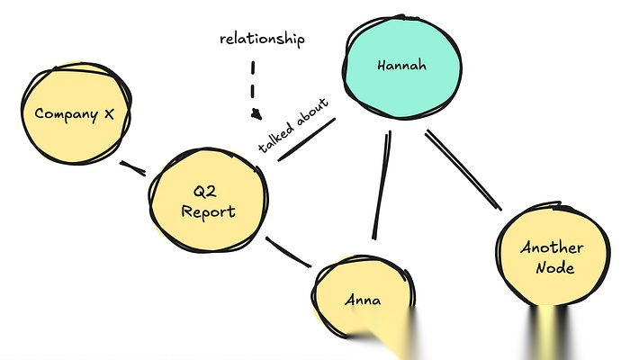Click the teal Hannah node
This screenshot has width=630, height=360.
pos(402,66)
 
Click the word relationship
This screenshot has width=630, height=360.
pos(263,39)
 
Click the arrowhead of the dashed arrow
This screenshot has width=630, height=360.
pos(256,115)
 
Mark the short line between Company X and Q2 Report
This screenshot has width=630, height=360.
pos(133,167)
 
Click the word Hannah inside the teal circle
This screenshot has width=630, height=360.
pos(401,66)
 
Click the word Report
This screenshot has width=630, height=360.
pos(208,212)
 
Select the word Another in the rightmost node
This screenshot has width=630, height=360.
pos(552,247)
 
